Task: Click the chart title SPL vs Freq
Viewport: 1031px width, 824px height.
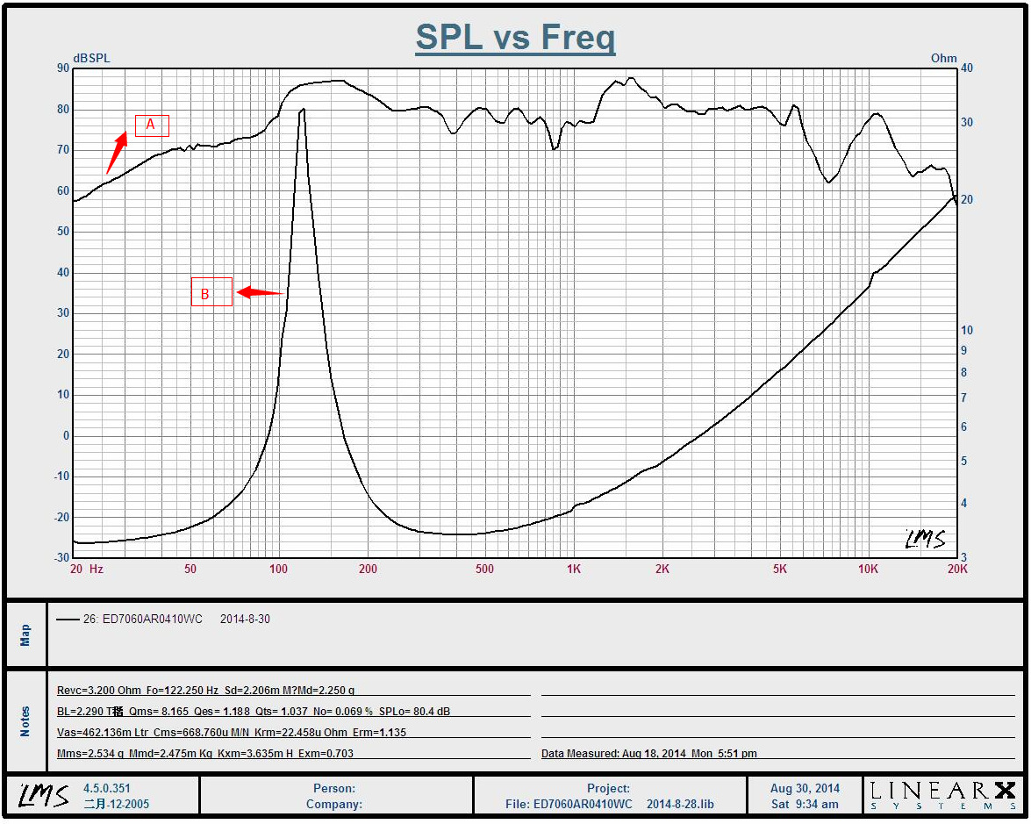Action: [515, 38]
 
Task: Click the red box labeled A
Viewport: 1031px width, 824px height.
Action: [151, 125]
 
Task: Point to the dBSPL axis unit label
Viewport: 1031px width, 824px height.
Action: [91, 58]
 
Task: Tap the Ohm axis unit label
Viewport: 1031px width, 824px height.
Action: [943, 58]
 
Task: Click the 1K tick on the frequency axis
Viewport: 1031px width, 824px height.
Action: [573, 569]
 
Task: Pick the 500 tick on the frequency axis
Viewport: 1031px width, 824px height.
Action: [484, 569]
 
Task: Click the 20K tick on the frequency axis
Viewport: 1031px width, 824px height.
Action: [957, 569]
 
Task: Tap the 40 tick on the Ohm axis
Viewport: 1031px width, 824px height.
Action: [966, 68]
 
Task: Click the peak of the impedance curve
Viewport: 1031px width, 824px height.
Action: [303, 110]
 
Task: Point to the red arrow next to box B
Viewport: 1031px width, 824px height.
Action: [261, 292]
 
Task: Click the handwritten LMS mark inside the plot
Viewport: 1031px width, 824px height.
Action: [926, 539]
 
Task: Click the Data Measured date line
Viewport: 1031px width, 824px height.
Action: [648, 753]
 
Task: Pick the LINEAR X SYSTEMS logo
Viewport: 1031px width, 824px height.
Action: [943, 794]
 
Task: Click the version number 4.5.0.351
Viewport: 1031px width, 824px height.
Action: [107, 788]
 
